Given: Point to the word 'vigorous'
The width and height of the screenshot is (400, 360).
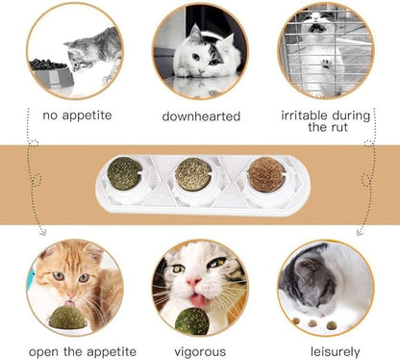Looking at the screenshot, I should (196, 352).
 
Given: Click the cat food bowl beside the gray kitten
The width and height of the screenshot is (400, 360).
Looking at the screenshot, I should (51, 70).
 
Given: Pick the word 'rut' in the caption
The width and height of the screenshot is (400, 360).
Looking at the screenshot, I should (345, 126).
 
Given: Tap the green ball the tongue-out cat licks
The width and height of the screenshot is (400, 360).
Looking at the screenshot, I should (191, 320).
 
